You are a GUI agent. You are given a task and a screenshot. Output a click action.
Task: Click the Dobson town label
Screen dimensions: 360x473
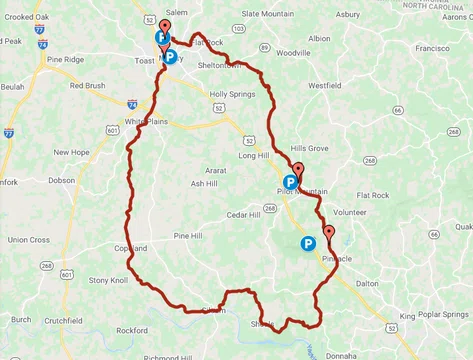tap(61, 181)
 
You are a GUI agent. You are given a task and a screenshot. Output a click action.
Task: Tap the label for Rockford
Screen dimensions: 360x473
tap(131, 330)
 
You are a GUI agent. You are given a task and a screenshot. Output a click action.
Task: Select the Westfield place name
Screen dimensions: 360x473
tap(324, 86)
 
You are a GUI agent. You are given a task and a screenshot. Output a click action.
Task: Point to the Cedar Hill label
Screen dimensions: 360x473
tap(243, 215)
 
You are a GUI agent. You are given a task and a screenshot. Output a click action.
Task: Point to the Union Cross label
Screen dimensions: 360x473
tap(29, 240)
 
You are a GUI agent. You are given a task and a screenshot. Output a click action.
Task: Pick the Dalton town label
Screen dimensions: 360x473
tap(367, 284)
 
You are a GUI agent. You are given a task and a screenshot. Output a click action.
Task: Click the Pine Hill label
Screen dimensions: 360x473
tap(188, 236)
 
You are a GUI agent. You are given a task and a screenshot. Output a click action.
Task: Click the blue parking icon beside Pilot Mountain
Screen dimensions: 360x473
tap(290, 183)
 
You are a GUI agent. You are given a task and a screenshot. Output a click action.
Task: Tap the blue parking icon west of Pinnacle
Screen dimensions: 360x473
tap(308, 243)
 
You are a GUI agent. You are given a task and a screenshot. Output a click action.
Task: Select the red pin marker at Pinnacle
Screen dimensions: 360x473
tap(329, 236)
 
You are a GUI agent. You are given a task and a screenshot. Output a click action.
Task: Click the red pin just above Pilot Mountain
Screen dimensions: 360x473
tap(297, 170)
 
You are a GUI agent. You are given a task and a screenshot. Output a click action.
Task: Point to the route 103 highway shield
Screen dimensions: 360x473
tap(238, 29)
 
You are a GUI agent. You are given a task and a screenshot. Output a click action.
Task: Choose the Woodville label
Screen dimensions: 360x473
tap(293, 52)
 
